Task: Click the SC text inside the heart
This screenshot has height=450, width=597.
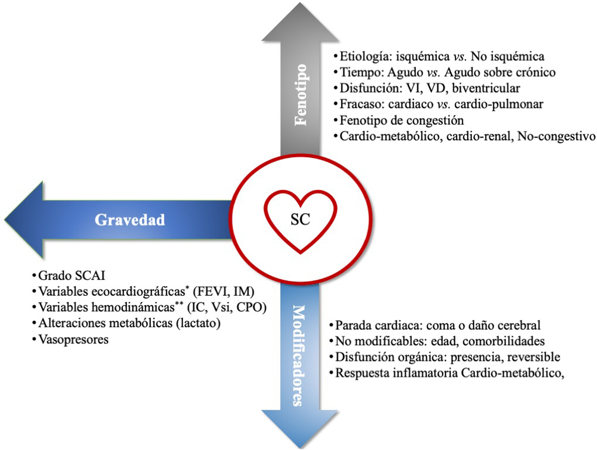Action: (300, 219)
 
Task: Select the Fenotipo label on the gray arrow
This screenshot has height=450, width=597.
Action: (301, 95)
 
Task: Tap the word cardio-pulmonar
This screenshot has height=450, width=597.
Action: (499, 104)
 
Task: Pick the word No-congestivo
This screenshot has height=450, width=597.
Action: (556, 136)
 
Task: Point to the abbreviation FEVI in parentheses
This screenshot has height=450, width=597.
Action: (209, 292)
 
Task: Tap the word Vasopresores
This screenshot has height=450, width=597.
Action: (73, 340)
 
